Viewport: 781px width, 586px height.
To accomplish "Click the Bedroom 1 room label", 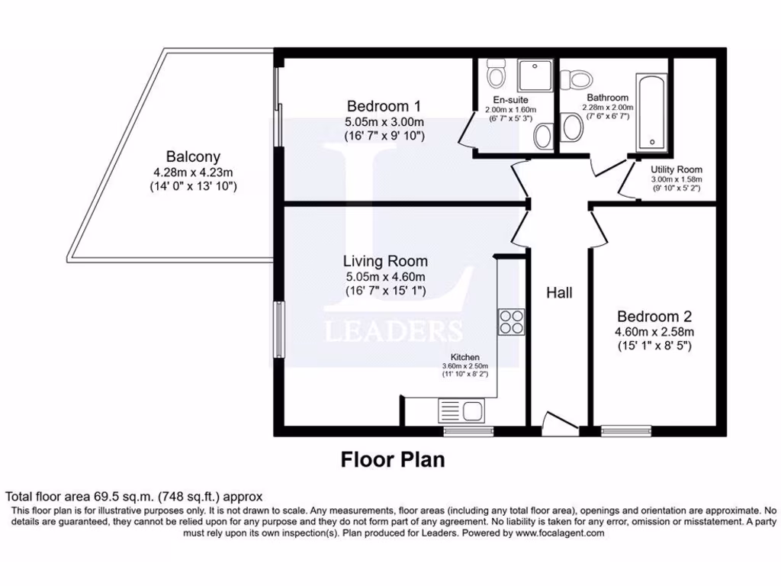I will pyautogui.click(x=384, y=106).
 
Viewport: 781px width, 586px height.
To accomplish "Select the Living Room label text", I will pyautogui.click(x=384, y=261).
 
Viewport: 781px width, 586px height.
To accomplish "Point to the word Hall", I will pyautogui.click(x=559, y=292).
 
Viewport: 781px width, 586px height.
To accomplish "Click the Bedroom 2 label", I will pyautogui.click(x=654, y=317).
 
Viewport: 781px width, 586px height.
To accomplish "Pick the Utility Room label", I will pyautogui.click(x=677, y=169).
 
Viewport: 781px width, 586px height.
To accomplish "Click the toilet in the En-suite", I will pyautogui.click(x=497, y=75).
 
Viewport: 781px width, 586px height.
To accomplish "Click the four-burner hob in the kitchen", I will pyautogui.click(x=511, y=321).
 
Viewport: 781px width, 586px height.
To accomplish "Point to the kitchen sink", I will pyautogui.click(x=461, y=412).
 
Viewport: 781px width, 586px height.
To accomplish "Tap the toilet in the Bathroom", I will pyautogui.click(x=577, y=78).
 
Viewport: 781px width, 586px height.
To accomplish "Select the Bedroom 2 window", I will pyautogui.click(x=626, y=430).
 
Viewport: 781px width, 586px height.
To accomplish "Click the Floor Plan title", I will pyautogui.click(x=392, y=459).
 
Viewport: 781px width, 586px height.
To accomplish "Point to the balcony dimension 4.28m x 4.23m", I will pyautogui.click(x=194, y=172).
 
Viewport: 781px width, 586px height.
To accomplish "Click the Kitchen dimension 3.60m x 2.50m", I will pyautogui.click(x=464, y=365).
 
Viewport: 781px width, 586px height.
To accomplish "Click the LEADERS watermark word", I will pyautogui.click(x=394, y=331).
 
